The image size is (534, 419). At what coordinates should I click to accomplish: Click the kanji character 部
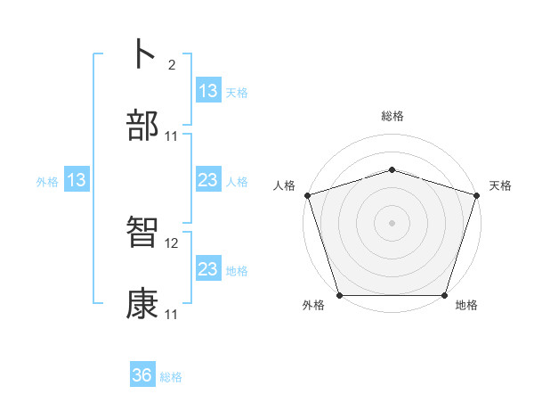143,127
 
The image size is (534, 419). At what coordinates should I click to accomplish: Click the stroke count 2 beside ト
171,64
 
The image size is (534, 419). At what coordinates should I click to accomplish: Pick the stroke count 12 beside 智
173,242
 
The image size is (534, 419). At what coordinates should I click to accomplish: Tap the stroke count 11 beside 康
173,315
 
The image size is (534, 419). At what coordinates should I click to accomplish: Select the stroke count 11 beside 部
173,136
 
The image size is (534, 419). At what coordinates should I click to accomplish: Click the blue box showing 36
142,376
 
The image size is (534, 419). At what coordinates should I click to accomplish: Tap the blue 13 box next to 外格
77,181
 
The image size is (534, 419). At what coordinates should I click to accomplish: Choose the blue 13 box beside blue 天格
208,91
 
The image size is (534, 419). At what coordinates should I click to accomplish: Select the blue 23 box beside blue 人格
208,181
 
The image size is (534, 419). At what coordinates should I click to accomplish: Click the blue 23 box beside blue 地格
208,270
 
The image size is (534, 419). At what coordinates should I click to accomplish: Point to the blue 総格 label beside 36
171,377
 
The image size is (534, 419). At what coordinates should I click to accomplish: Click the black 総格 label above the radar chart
392,116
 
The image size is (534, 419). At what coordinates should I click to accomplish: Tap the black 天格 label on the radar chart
500,185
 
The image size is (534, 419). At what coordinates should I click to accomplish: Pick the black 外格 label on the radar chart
313,306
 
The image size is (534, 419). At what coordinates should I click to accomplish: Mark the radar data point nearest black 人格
307,195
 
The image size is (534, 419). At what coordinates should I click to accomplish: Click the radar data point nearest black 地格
444,295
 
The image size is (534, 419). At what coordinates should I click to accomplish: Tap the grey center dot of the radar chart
392,223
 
